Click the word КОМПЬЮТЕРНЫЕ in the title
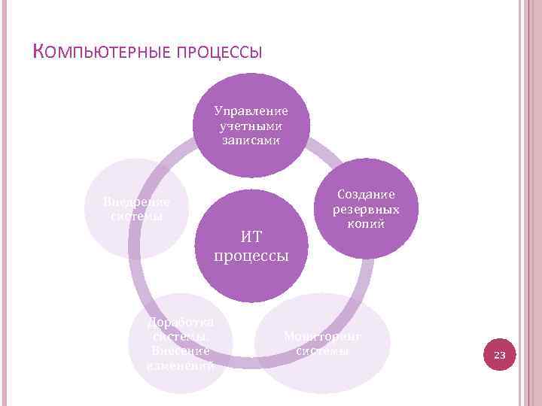click(x=99, y=53)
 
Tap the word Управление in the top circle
click(x=251, y=111)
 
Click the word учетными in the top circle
click(x=251, y=126)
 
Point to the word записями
click(x=251, y=140)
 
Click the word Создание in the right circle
click(x=367, y=195)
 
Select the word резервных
click(x=367, y=209)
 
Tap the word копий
click(x=367, y=223)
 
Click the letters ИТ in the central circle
click(x=251, y=237)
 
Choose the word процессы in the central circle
click(x=251, y=256)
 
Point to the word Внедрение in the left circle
click(x=136, y=202)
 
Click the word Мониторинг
click(x=323, y=336)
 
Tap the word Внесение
click(x=181, y=351)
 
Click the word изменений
click(x=181, y=365)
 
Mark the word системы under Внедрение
click(x=136, y=217)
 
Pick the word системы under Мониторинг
click(x=323, y=350)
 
